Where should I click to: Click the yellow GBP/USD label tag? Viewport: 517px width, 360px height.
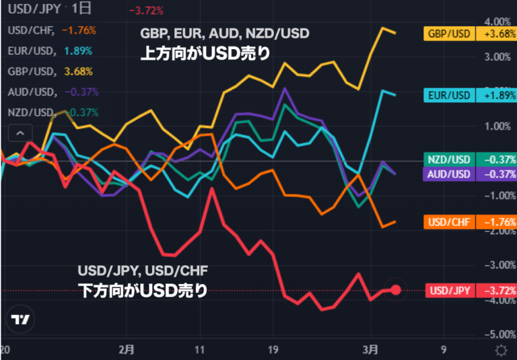pos(449,34)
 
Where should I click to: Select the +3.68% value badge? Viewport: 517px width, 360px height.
pos(495,34)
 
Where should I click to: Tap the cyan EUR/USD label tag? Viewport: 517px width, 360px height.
pos(449,96)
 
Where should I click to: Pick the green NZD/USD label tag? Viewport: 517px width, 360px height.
pos(449,160)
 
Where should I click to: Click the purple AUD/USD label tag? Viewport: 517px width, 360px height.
pos(449,174)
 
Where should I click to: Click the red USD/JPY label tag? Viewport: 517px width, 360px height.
pos(449,291)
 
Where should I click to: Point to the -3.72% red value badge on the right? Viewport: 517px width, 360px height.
pos(495,291)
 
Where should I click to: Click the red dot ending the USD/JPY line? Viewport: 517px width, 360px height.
pos(396,290)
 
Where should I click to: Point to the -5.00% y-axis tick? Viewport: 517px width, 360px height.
pos(497,334)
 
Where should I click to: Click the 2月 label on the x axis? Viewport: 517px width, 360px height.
pos(126,349)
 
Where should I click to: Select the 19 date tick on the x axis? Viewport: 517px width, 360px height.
pos(272,349)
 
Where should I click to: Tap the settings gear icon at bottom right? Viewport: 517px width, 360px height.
pos(500,350)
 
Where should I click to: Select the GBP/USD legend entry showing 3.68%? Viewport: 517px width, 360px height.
pos(50,71)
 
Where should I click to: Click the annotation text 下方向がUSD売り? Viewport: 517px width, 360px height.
pos(141,291)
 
